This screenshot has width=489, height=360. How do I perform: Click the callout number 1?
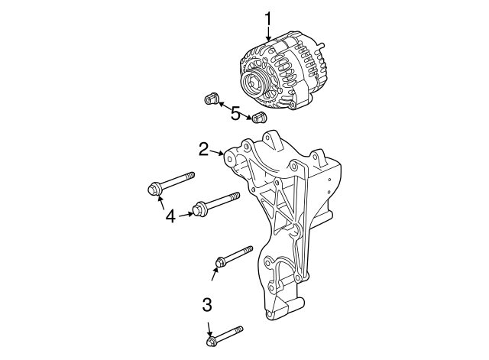point(268,17)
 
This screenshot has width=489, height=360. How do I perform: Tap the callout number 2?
point(204,148)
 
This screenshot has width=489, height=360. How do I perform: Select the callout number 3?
point(206,306)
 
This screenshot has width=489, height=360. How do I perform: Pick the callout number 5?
point(235,114)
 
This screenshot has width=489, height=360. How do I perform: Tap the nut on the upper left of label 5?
point(211,99)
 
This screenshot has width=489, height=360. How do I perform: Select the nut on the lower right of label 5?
point(259,118)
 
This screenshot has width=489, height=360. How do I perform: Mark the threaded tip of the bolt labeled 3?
point(239,329)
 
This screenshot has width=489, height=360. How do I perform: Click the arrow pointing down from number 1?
point(268,33)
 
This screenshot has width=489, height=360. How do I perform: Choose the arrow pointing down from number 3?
point(208,327)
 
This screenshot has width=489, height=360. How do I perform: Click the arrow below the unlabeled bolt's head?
point(215,274)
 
